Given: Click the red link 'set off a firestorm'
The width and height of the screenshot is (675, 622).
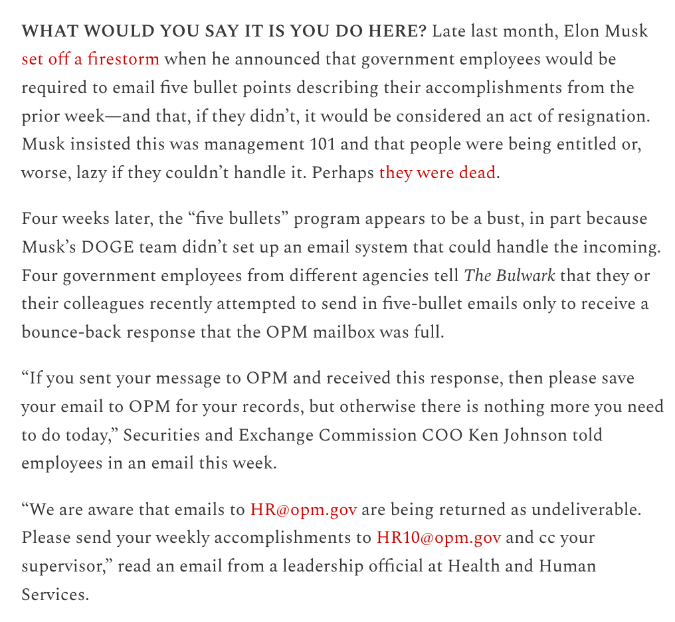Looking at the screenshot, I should pyautogui.click(x=90, y=59).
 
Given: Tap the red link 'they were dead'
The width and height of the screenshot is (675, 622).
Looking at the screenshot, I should pyautogui.click(x=437, y=173).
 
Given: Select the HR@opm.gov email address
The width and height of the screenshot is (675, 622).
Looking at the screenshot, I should pyautogui.click(x=304, y=510).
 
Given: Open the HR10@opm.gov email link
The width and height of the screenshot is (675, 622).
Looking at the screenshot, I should pyautogui.click(x=438, y=538).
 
